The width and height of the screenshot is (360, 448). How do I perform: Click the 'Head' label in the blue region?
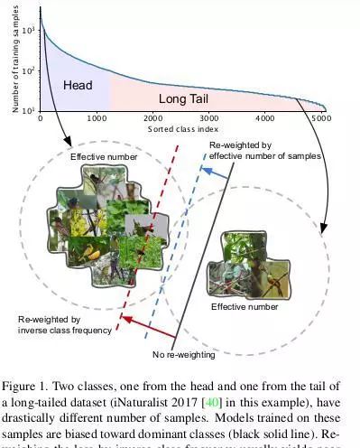[x=78, y=86]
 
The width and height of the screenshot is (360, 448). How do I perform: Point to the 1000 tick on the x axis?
[x=97, y=118]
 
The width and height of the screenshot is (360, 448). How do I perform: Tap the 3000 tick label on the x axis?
[x=209, y=118]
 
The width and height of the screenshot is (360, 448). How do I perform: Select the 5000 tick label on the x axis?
[x=320, y=118]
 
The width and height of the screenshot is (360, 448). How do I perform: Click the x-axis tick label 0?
[x=41, y=118]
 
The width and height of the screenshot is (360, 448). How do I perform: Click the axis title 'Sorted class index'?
[x=182, y=129]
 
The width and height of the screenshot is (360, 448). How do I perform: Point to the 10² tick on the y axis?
[x=30, y=70]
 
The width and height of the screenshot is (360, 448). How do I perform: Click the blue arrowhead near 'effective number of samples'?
[x=207, y=171]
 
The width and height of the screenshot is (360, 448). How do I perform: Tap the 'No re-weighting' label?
[x=184, y=354]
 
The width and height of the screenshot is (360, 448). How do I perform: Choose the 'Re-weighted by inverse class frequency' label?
[x=65, y=325]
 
